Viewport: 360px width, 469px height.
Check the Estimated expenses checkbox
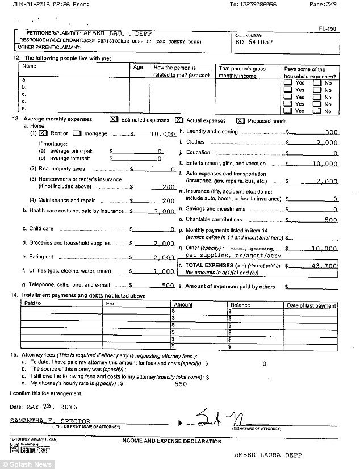click(114, 120)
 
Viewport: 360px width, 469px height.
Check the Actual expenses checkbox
click(179, 120)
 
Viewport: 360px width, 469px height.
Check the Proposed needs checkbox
click(241, 120)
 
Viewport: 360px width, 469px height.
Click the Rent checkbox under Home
click(43, 132)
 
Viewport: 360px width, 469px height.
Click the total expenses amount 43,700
click(327, 265)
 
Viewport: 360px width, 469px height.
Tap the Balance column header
click(240, 305)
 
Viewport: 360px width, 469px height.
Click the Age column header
click(138, 67)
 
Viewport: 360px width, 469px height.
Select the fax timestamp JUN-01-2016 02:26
click(40, 3)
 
